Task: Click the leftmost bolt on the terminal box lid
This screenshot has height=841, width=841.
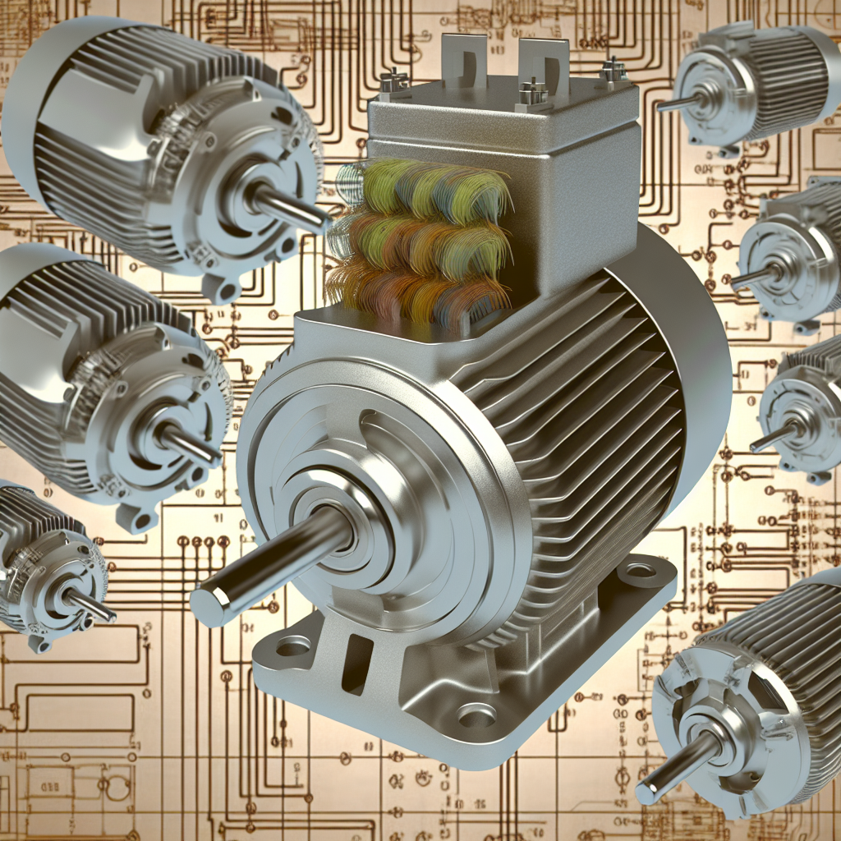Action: click(x=394, y=82)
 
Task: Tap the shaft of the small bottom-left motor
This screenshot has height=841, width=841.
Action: click(x=90, y=606)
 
